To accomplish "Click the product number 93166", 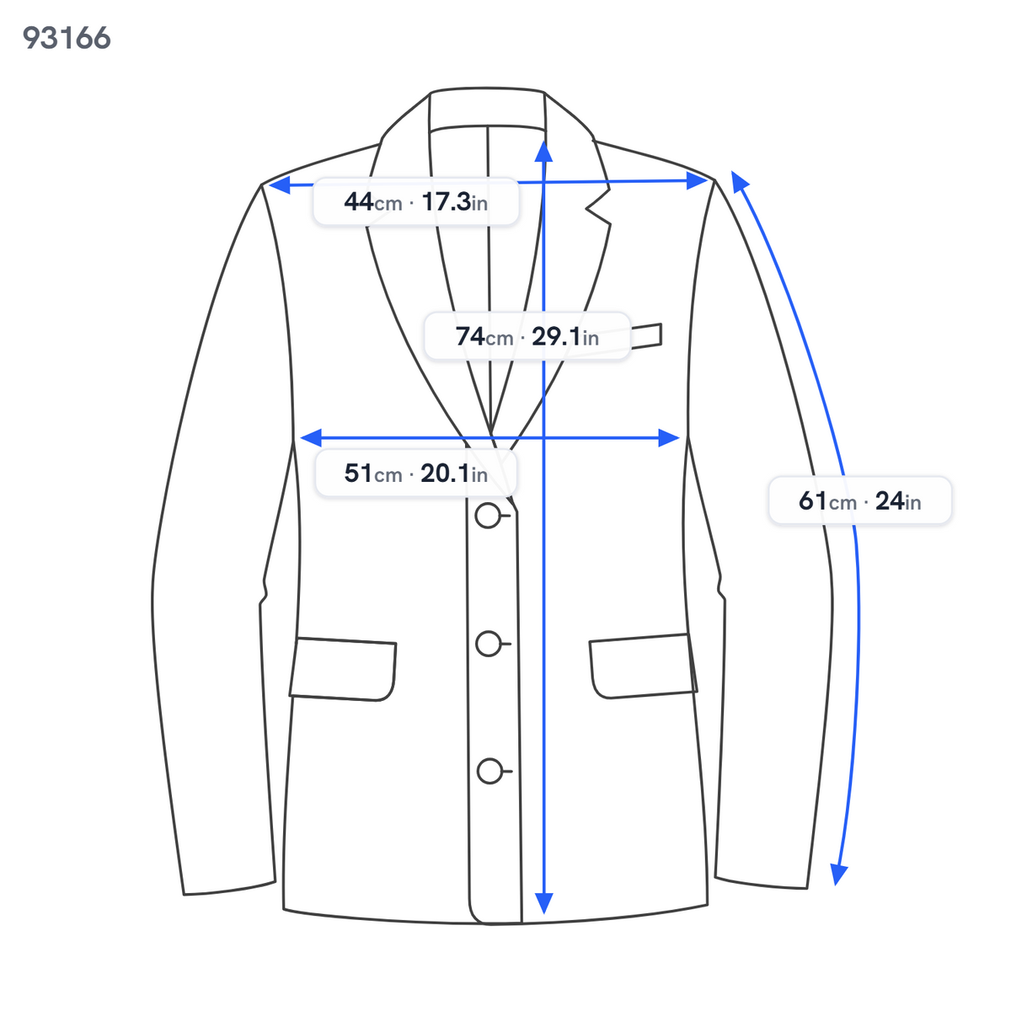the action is pos(67,38).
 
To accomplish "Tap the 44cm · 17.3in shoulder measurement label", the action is pos(415,202).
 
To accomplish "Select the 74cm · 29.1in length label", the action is pos(527,336).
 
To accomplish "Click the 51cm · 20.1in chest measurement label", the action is pos(415,473).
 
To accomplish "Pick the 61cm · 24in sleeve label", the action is pos(859,500).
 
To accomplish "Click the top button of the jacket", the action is pos(488,516).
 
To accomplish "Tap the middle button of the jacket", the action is pos(489,643).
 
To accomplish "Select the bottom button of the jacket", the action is pos(489,771).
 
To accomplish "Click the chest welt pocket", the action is pos(646,336).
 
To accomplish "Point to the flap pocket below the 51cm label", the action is pos(343,669).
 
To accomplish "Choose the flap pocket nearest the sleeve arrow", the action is pos(643,666).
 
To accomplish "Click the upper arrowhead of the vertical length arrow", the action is pos(544,151).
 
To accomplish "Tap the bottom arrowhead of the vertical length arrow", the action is pos(544,903).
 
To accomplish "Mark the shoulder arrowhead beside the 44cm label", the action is pos(280,185).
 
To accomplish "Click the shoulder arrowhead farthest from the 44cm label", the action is pos(698,181).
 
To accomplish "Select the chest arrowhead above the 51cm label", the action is pos(311,437).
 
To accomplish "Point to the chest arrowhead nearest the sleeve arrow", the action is pos(669,437).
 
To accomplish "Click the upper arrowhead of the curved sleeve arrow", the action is pos(739,180).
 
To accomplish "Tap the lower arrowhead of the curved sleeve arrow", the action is pos(838,875).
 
